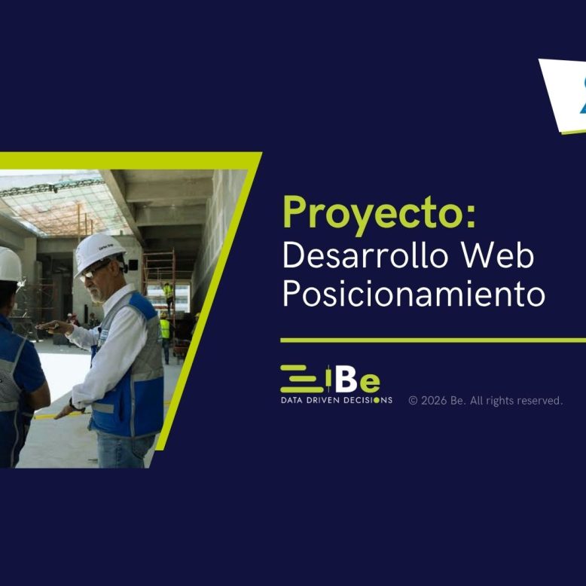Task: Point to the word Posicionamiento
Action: pos(414,293)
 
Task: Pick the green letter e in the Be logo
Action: pos(370,383)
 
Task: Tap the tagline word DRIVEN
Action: pos(322,400)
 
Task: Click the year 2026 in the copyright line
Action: pos(434,401)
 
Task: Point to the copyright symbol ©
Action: pos(413,401)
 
